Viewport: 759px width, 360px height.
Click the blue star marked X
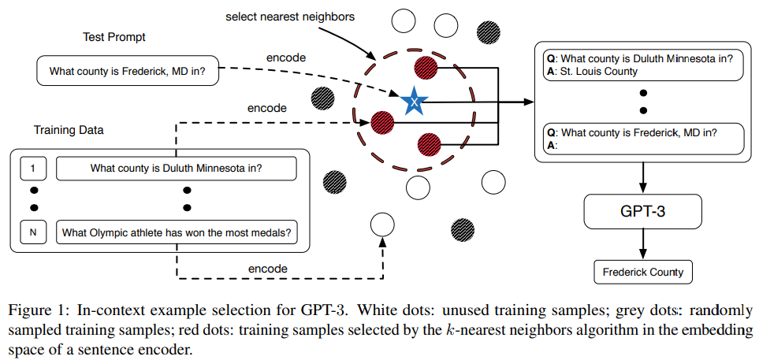click(411, 102)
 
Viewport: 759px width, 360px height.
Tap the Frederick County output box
click(643, 273)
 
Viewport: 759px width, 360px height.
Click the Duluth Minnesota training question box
click(176, 168)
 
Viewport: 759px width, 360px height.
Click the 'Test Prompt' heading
click(114, 38)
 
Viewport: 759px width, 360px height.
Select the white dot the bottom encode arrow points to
click(381, 226)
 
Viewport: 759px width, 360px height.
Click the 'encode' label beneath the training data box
click(269, 269)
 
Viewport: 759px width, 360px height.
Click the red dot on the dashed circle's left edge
click(382, 122)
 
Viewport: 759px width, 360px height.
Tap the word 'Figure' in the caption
click(24, 309)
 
